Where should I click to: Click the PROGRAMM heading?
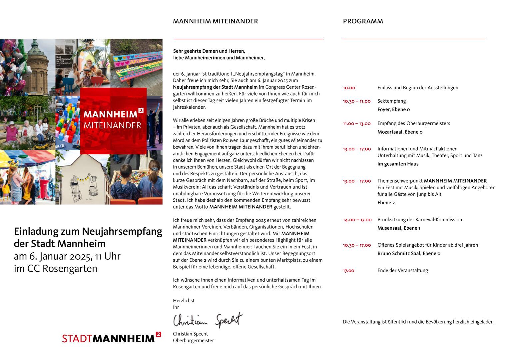pos(363,21)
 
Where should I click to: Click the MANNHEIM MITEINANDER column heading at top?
pos(215,21)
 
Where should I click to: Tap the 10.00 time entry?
pos(349,88)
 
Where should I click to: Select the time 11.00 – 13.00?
pos(356,124)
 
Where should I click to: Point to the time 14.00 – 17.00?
pos(357,220)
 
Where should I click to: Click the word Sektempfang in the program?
pos(391,101)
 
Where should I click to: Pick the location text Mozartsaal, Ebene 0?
pos(400,132)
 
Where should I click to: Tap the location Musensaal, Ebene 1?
pos(399,228)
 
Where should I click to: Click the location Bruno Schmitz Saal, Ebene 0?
pos(409,254)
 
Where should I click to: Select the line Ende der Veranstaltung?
pos(402,271)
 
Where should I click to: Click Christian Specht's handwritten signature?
pos(208,320)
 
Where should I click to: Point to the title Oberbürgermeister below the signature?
pos(193,341)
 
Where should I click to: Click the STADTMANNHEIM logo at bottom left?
pos(112,338)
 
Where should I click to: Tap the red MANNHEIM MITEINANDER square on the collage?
pos(113,121)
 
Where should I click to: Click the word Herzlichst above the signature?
pos(184,301)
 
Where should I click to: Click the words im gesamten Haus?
pos(398,164)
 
